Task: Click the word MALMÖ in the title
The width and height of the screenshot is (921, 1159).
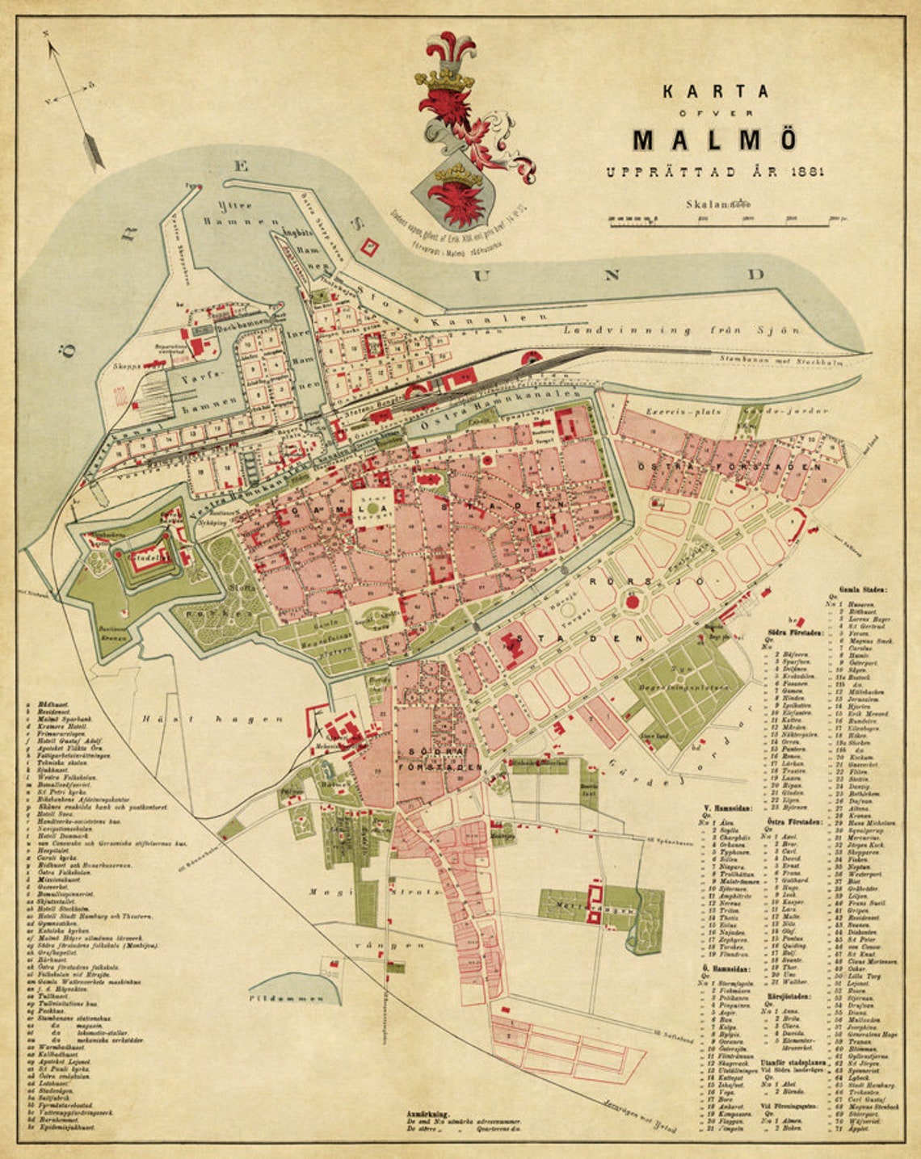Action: click(714, 140)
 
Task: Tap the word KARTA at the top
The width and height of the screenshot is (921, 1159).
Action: click(716, 91)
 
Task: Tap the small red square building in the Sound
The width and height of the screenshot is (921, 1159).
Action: click(370, 246)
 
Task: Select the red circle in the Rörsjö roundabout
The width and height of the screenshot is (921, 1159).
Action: click(633, 601)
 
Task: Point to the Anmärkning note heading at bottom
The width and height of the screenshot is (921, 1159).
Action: click(432, 1113)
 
